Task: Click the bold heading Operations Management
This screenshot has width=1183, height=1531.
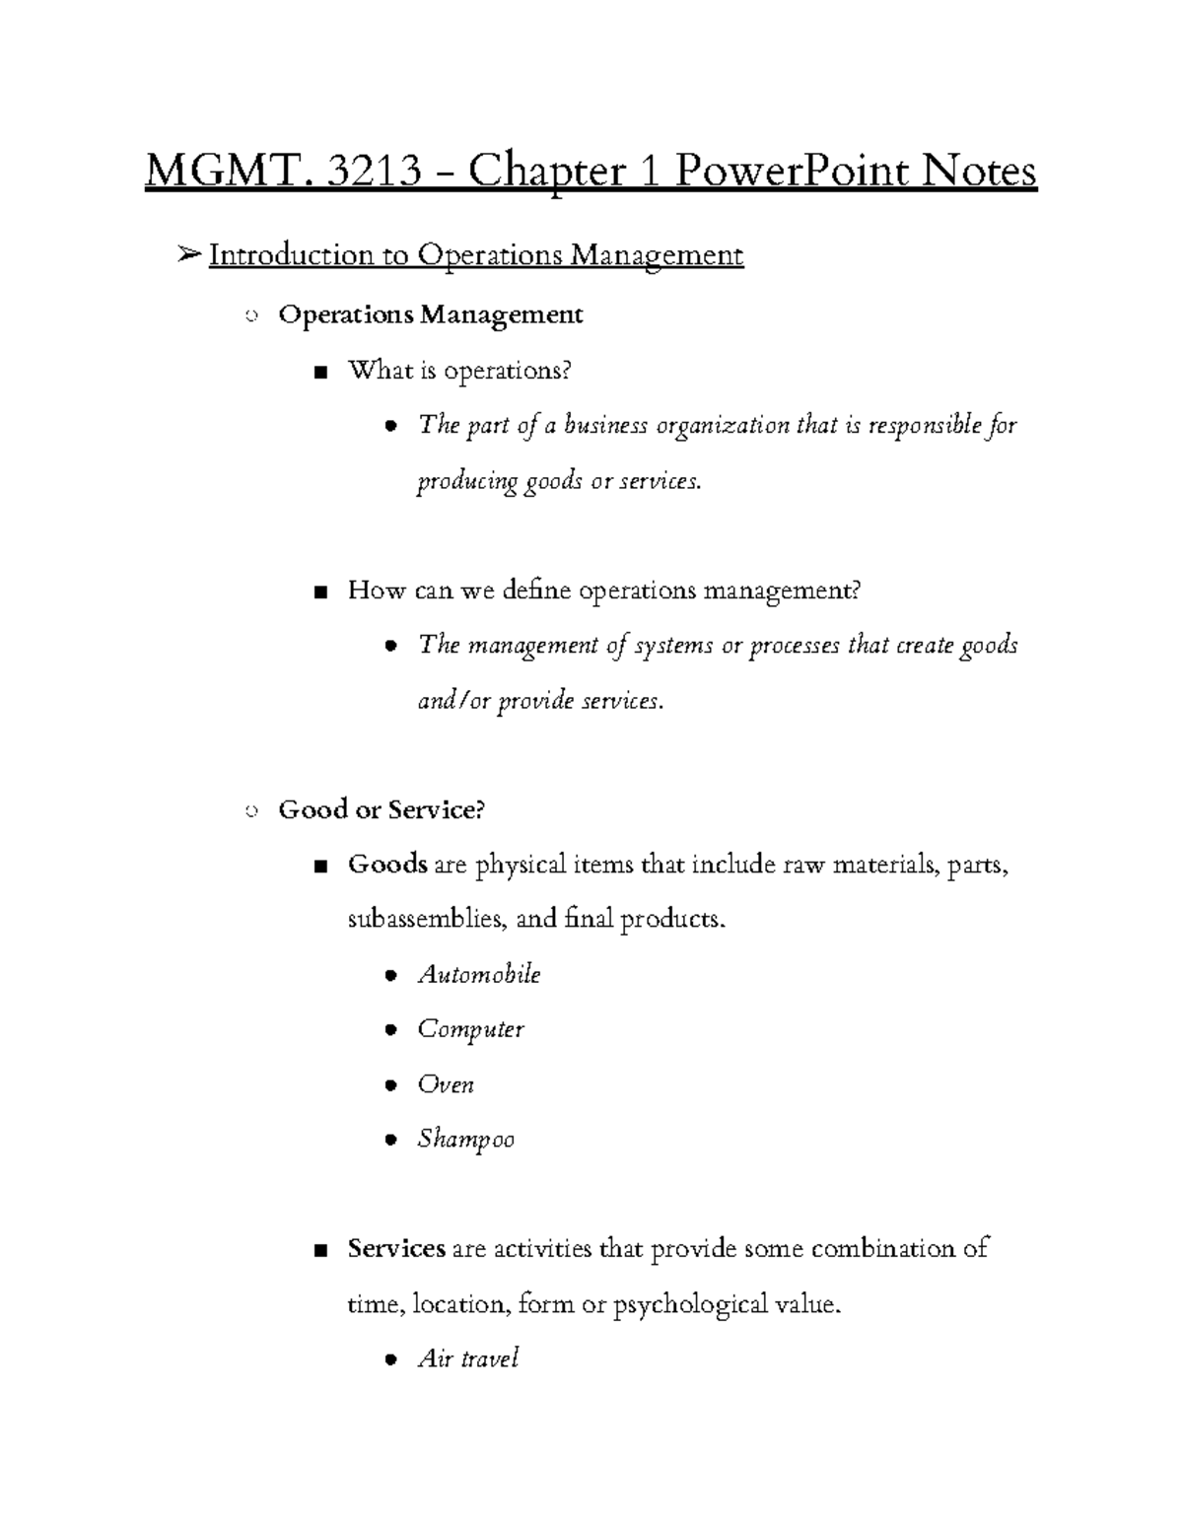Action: [431, 314]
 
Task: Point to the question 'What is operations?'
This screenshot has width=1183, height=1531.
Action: [459, 371]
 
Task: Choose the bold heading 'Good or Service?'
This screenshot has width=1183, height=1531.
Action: [383, 810]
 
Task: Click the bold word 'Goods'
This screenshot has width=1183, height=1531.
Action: [387, 866]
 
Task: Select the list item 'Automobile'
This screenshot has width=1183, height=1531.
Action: [479, 975]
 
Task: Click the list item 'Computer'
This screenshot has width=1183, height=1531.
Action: [470, 1030]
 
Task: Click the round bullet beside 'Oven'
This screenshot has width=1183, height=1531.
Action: [391, 1086]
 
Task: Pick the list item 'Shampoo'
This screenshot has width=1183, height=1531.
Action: [465, 1140]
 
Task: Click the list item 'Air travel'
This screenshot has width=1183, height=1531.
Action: [468, 1359]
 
